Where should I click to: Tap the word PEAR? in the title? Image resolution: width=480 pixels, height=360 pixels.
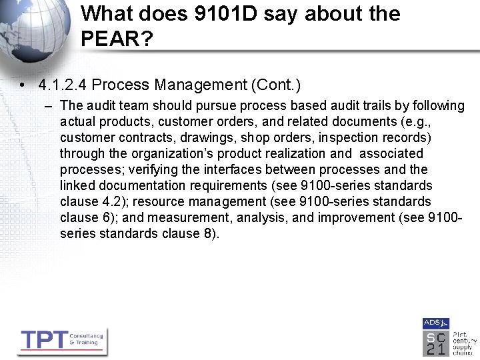[x=117, y=39]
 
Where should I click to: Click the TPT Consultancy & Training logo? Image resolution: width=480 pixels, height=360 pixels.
[x=61, y=341]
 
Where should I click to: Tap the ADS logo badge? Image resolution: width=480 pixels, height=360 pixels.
[x=435, y=323]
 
